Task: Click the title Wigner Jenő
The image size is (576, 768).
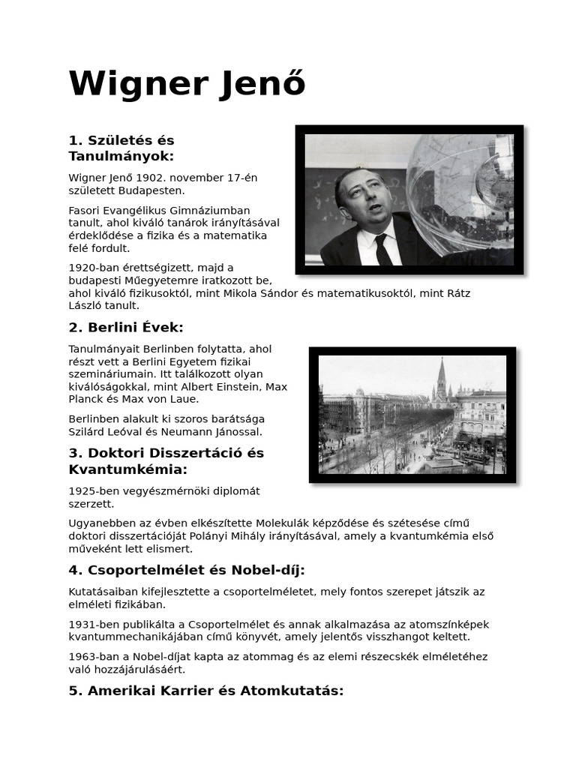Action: pyautogui.click(x=187, y=83)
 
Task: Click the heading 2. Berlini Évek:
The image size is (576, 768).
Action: pyautogui.click(x=126, y=328)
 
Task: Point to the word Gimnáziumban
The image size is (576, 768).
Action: pyautogui.click(x=214, y=210)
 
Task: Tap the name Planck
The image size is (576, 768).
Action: pyautogui.click(x=85, y=400)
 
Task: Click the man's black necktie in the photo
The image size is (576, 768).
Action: pyautogui.click(x=382, y=248)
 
